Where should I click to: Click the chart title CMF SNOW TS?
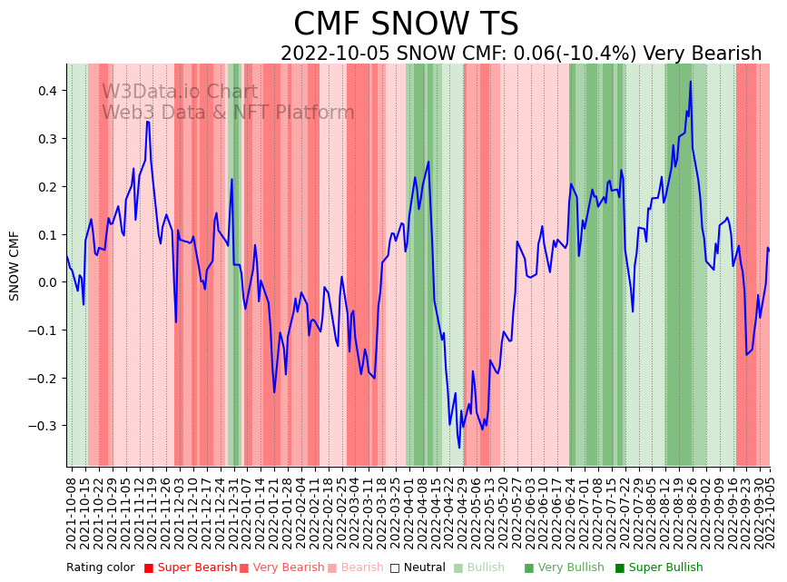point(406,24)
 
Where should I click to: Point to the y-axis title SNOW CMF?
point(15,265)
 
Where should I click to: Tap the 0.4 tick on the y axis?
point(46,91)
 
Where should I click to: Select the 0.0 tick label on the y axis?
point(46,282)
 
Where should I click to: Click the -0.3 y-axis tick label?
point(43,426)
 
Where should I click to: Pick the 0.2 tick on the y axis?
point(46,187)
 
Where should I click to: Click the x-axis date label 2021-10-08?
point(72,509)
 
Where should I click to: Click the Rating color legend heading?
point(100,568)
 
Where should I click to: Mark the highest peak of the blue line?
point(691,82)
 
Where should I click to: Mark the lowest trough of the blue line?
point(459,448)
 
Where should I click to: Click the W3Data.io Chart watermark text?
point(179,93)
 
